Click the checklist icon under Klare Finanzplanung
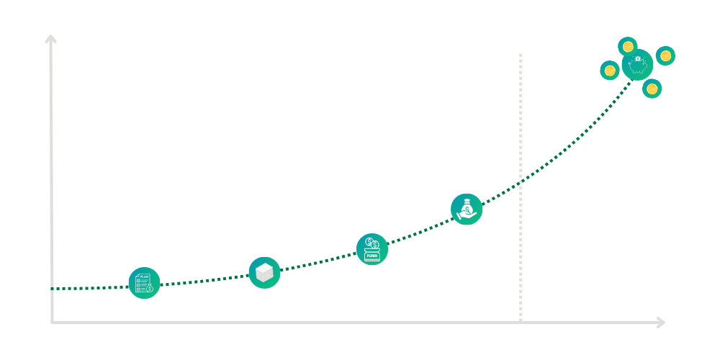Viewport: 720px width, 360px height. pos(144,283)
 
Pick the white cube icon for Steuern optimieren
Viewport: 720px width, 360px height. pos(264,272)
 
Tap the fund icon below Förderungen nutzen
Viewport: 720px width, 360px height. pos(372,249)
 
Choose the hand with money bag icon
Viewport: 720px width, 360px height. pos(467,208)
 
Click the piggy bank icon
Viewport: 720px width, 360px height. pos(636,65)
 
